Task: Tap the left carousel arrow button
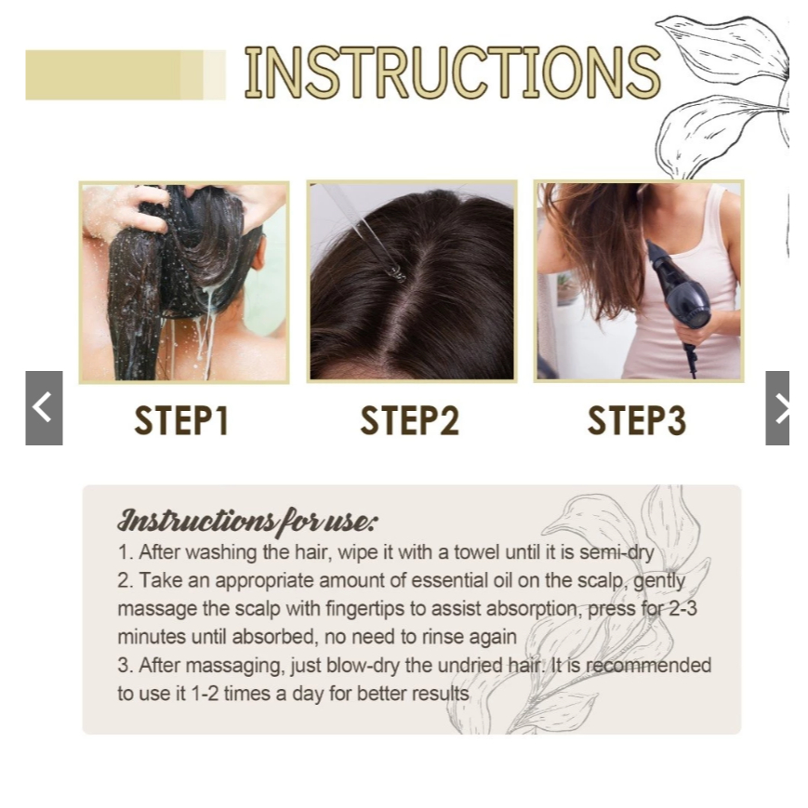coord(44,407)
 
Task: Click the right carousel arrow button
coord(778,407)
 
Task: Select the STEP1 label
coord(181,421)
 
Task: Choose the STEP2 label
coord(410,421)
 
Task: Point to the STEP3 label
coord(637,421)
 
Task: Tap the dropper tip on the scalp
coord(394,271)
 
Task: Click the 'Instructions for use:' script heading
coord(247,520)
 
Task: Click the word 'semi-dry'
coord(616,552)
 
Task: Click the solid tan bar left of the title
coord(102,75)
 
